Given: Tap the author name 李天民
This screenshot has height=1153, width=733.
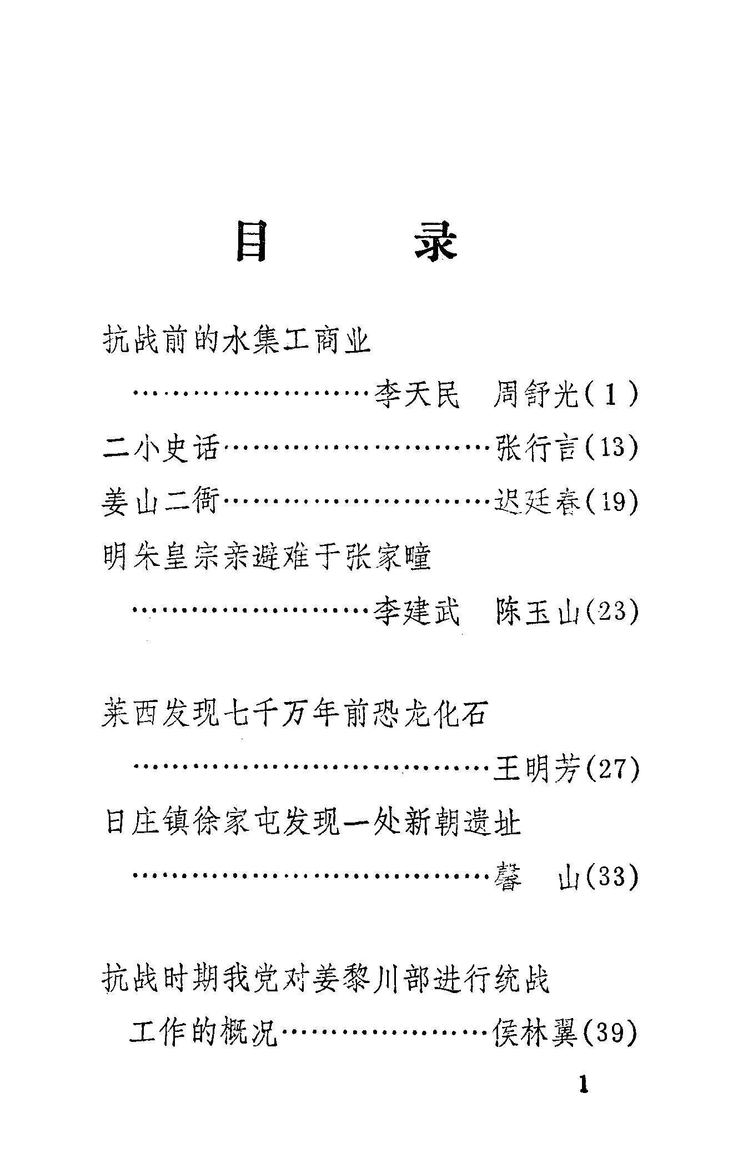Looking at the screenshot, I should [417, 395].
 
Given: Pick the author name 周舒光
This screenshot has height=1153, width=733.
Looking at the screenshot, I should [535, 395].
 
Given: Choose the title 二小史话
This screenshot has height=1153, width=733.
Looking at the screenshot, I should [161, 447].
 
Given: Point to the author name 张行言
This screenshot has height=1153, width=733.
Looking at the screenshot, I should [536, 447].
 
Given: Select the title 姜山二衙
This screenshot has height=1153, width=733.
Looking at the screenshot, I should [161, 502].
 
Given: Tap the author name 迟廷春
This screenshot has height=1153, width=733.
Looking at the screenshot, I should [536, 502].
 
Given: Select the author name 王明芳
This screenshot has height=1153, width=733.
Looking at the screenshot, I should [536, 769].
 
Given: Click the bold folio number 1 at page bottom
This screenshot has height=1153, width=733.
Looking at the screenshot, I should [583, 1085].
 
